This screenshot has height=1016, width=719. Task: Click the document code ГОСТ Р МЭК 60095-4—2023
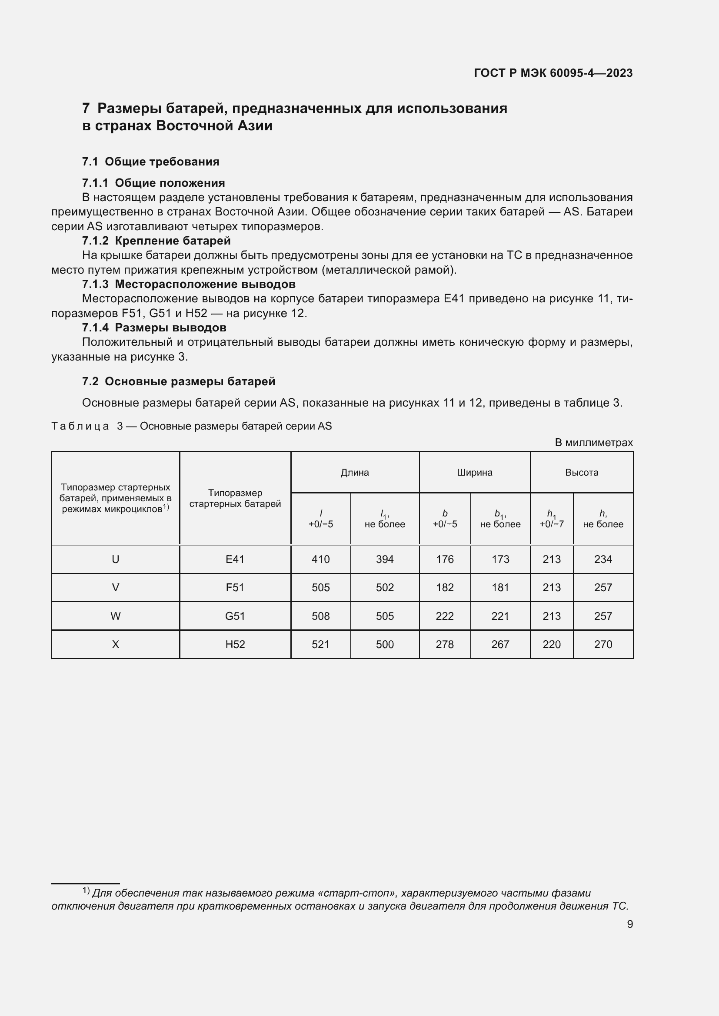tap(553, 73)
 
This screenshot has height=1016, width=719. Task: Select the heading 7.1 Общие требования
tap(150, 162)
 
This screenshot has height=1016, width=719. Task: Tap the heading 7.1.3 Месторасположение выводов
tap(189, 284)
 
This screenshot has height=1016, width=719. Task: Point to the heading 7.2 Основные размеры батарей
tap(178, 381)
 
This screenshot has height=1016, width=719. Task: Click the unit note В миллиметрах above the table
tap(593, 443)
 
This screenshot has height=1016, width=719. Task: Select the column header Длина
tap(355, 473)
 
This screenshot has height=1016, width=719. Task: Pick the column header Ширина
tap(475, 473)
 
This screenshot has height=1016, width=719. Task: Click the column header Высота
tap(581, 473)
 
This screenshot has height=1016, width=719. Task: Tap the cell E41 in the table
tap(235, 559)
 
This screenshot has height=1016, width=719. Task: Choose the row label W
tap(116, 616)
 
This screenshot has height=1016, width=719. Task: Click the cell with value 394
tap(385, 559)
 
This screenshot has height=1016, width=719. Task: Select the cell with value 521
tap(320, 644)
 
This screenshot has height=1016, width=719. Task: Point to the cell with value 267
tap(500, 644)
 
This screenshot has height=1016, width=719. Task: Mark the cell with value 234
tap(603, 559)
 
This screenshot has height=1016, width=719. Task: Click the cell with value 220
tap(552, 644)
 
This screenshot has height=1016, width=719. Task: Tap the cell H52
tap(235, 644)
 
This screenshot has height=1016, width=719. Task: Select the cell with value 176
tap(445, 559)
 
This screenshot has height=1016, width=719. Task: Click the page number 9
tap(630, 924)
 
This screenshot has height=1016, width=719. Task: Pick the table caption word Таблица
tap(80, 426)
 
